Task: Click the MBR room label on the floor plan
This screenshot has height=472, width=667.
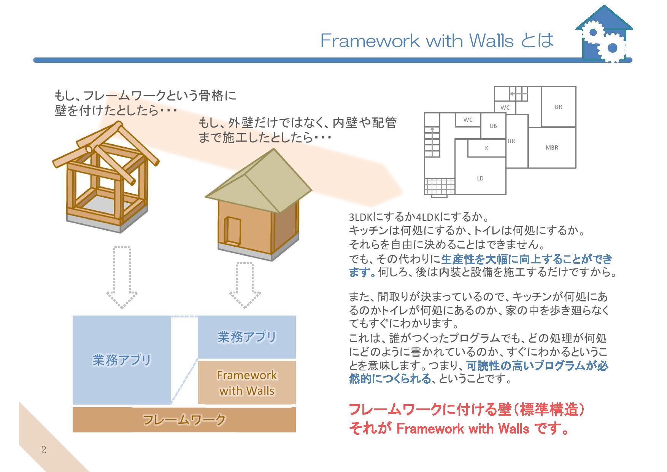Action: [x=552, y=148]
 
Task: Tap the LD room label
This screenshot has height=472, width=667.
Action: [x=480, y=178]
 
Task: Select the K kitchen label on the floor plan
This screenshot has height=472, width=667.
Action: [x=487, y=148]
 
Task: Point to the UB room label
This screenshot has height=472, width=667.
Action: [x=493, y=126]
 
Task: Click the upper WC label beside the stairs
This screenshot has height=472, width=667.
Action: [x=505, y=107]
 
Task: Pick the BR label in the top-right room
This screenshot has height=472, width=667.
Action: [x=558, y=107]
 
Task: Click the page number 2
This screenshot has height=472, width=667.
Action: [x=44, y=450]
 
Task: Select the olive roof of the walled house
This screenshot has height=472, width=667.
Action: [x=259, y=181]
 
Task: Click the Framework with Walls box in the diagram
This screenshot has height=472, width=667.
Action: [x=247, y=383]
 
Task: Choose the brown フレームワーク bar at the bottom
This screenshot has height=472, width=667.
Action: [x=184, y=420]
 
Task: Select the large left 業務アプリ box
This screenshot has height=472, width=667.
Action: [x=122, y=360]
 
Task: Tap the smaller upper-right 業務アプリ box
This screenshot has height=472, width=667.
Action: [x=247, y=337]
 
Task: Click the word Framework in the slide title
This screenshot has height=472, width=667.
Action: [x=370, y=40]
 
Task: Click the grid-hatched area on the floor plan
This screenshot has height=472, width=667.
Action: [x=440, y=187]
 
